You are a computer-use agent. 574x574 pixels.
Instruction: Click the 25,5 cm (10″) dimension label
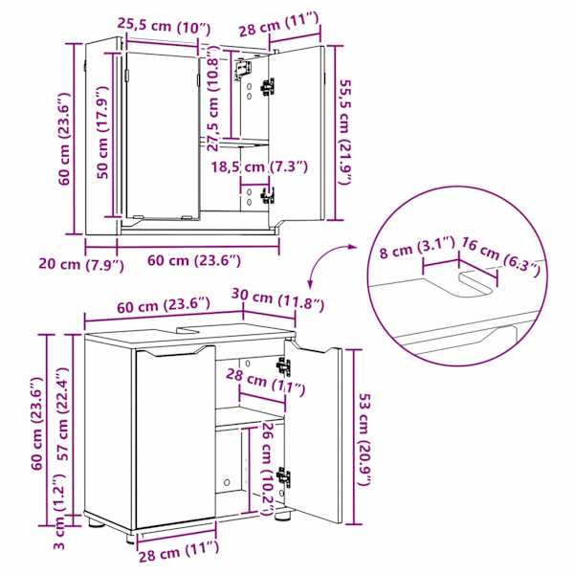pos(164,27)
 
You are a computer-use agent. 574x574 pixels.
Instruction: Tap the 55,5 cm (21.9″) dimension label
pos(344,133)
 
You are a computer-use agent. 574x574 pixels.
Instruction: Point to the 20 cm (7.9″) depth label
pos(81,264)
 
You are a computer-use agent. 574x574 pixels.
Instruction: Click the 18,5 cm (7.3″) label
pos(259,167)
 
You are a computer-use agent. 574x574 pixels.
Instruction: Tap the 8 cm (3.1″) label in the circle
pos(417,249)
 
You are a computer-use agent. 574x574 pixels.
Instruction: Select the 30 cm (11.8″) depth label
pos(277,299)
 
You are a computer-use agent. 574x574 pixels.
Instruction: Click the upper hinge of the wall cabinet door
pos(268,87)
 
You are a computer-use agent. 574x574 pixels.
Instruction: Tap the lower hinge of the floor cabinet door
pos(284,477)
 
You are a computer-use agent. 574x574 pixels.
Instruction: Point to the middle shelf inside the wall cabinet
pos(234,143)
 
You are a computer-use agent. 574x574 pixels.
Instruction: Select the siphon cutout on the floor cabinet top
pos(188,330)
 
